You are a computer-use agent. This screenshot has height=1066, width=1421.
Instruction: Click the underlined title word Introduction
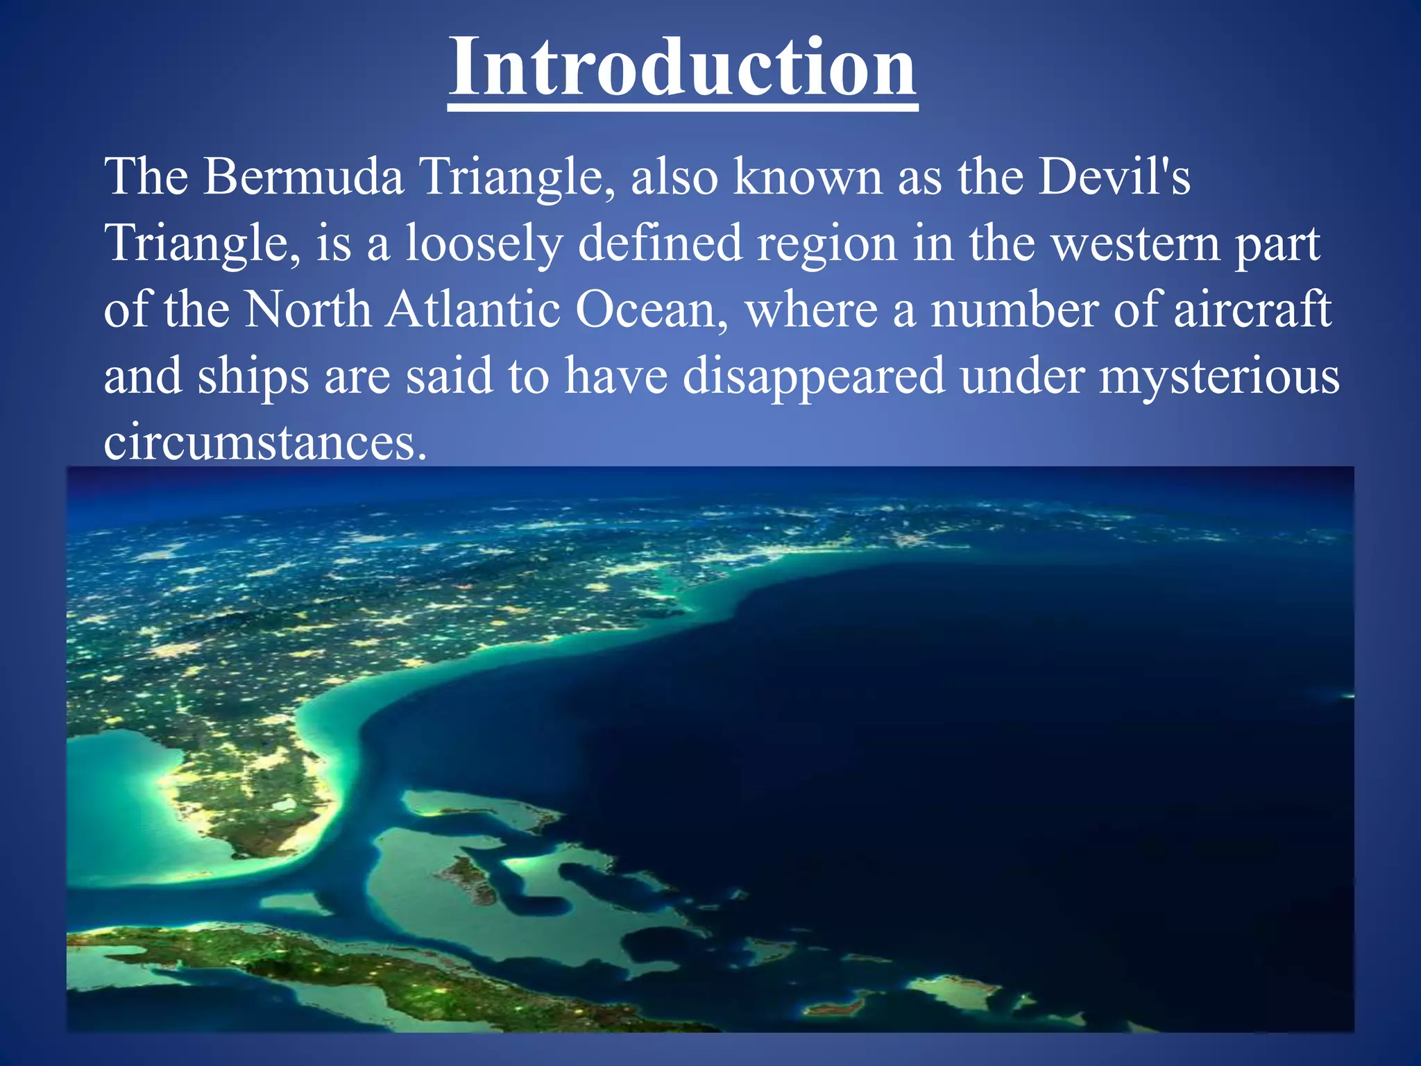(683, 67)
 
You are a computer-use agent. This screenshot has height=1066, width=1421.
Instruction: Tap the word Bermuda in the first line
(303, 176)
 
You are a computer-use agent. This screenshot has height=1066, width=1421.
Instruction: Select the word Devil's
(1114, 176)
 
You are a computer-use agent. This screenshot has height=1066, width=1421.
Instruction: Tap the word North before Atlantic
(308, 309)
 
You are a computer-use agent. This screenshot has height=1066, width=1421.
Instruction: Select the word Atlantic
(473, 309)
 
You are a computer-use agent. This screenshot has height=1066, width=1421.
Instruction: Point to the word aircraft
(1252, 309)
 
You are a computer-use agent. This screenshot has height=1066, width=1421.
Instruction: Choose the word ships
(253, 376)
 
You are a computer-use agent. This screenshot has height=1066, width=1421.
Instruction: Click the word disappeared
(813, 376)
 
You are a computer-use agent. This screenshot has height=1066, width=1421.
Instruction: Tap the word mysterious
(1218, 376)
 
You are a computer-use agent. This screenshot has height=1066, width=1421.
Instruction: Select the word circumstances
(264, 441)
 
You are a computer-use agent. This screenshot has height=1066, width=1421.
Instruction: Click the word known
(808, 176)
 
